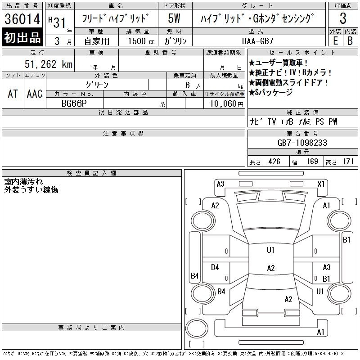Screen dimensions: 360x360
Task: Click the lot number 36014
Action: coord(22,19)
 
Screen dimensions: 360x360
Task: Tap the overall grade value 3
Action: coord(343,18)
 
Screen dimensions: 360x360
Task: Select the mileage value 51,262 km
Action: coord(49,64)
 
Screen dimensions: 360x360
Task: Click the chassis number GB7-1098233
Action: coord(302,143)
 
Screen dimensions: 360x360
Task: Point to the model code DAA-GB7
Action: coord(257,41)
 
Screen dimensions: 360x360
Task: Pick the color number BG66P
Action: coord(74,103)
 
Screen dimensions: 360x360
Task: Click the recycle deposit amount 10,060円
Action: coord(227,104)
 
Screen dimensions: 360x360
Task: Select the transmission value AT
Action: coord(13,94)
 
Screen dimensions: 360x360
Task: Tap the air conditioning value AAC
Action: coord(35,94)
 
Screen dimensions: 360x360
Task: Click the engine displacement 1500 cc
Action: coord(141,41)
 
